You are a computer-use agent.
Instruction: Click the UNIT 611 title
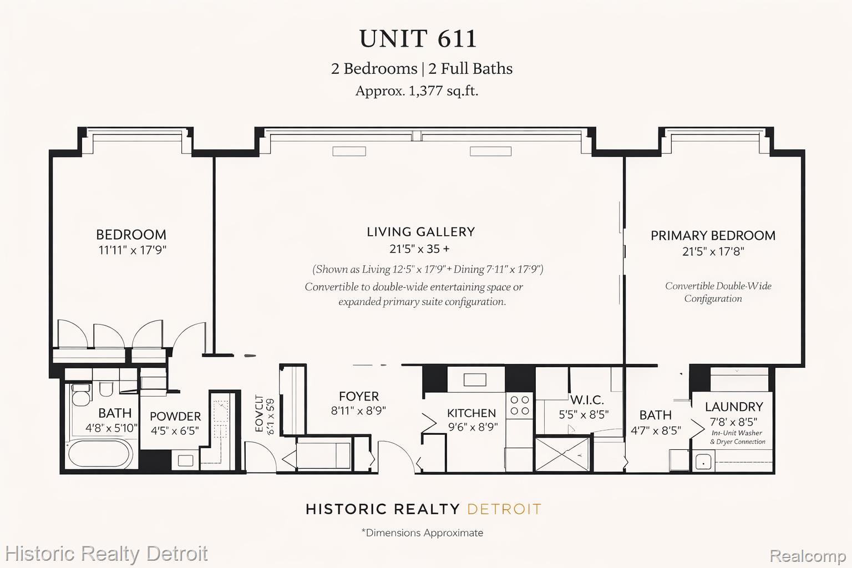tap(418, 39)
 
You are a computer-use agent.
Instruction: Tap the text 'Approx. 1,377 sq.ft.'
tap(417, 91)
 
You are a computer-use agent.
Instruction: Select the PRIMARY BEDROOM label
tap(713, 235)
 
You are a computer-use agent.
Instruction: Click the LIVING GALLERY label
tap(420, 232)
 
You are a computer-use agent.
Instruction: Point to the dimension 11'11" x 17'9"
tap(133, 250)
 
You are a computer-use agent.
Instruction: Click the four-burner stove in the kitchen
tap(520, 405)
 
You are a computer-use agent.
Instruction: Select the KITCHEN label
tap(471, 413)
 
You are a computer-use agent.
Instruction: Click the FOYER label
tap(359, 396)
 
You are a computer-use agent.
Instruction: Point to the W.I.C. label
tap(587, 400)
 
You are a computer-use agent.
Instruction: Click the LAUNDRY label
tap(733, 407)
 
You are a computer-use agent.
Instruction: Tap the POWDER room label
tap(175, 416)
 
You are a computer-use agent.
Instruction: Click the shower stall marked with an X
tap(562, 454)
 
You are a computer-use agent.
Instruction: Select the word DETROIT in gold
tap(504, 509)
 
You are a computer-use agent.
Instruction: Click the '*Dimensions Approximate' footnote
tap(422, 533)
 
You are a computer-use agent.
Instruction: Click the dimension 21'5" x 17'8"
tap(713, 251)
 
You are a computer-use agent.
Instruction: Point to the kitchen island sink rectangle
tap(474, 380)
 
